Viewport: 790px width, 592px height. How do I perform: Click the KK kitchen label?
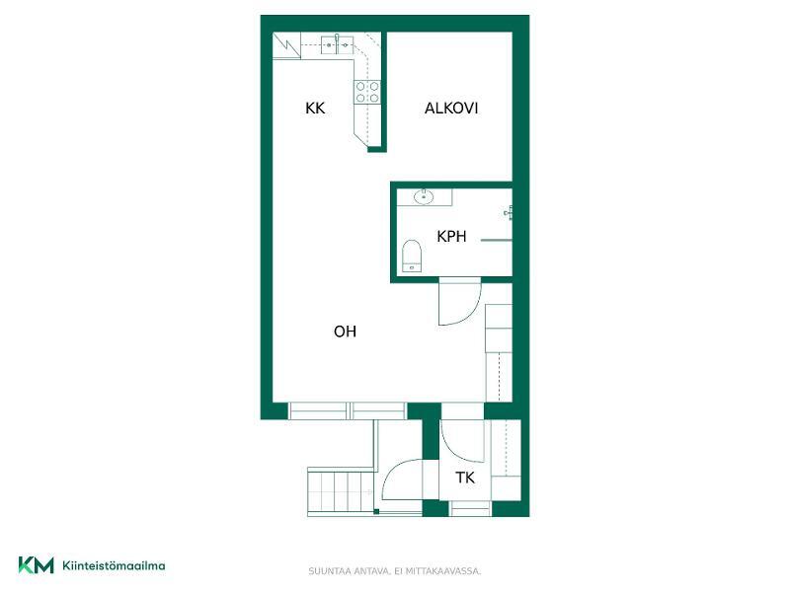315,109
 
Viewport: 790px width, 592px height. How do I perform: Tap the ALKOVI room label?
451,109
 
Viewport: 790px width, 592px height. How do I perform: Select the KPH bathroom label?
451,236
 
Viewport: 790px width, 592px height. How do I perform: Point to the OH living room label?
345,332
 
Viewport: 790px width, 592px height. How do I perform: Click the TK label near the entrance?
465,478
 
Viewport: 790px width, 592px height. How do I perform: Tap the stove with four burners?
367,92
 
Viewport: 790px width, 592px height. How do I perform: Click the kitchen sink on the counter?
337,44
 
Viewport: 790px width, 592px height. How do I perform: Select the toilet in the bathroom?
412,256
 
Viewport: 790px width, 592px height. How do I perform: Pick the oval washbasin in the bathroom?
424,196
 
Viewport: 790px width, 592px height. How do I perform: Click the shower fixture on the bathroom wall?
509,213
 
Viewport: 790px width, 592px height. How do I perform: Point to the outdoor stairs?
341,490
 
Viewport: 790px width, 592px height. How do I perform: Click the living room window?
348,410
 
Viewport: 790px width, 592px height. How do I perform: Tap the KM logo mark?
36,564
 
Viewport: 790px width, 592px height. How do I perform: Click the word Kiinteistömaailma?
114,565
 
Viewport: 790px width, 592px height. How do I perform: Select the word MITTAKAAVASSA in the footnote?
452,571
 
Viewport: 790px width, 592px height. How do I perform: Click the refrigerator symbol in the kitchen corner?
286,45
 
